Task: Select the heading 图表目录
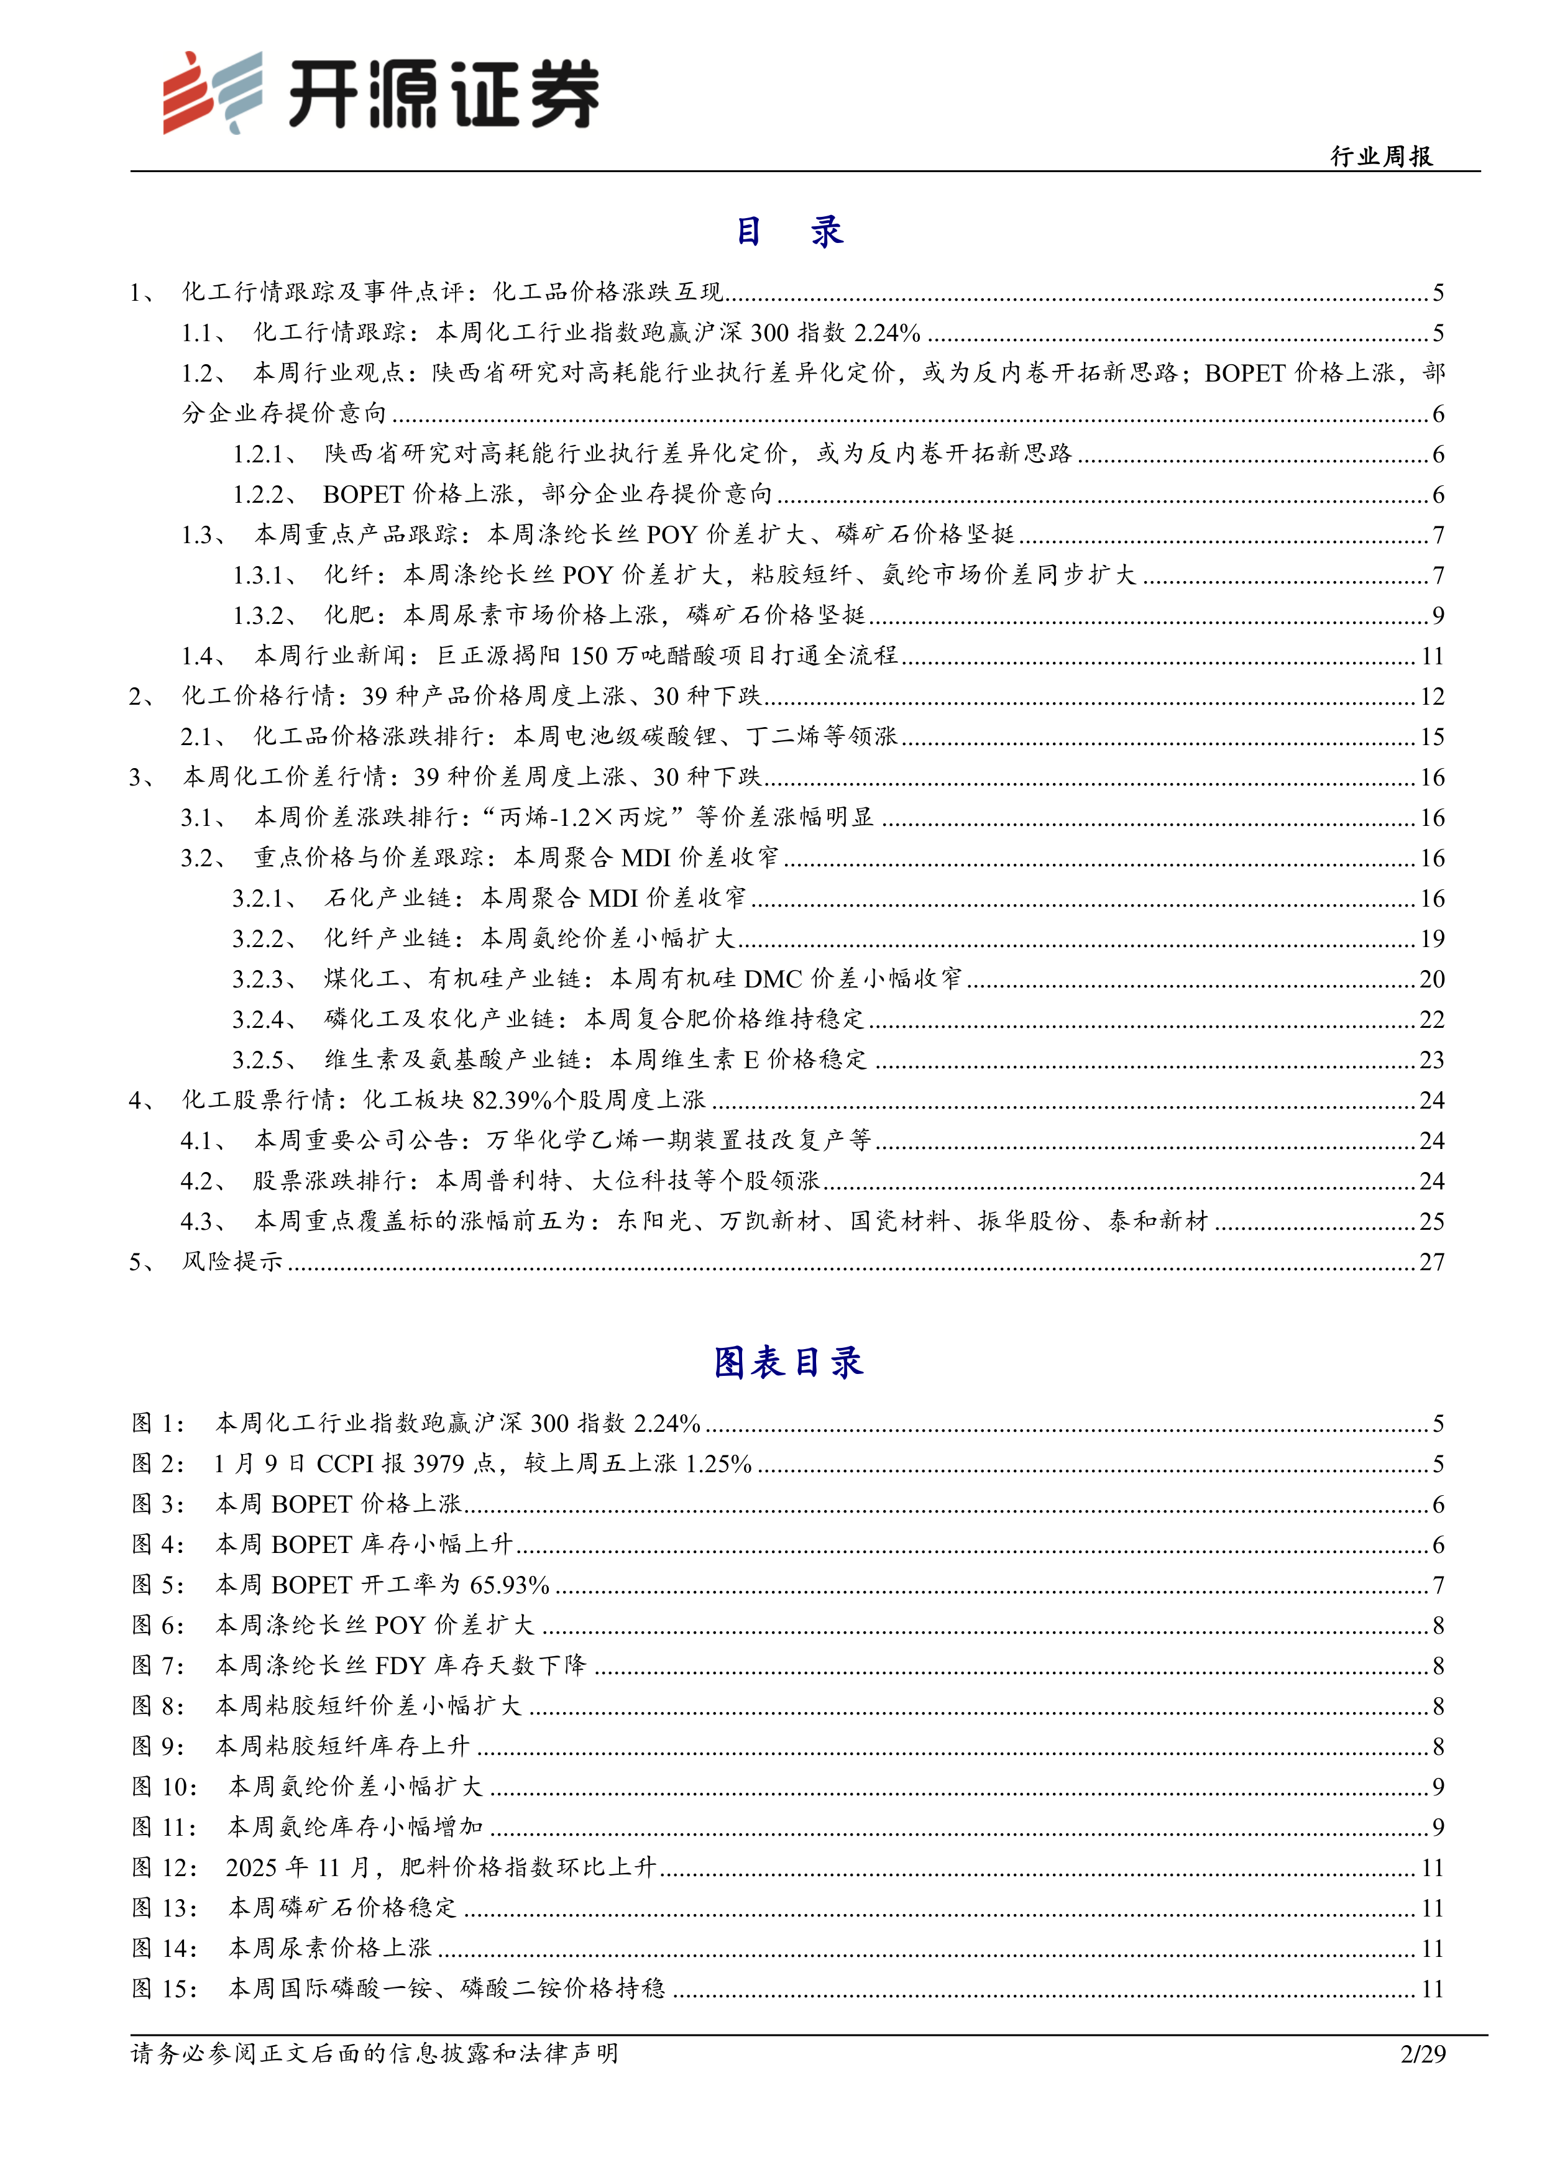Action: (x=788, y=1362)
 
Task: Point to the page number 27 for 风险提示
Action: (x=1432, y=1262)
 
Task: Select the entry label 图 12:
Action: (x=164, y=1867)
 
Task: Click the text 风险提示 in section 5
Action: (x=232, y=1262)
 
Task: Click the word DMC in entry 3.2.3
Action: (x=773, y=979)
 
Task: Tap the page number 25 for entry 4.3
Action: (x=1432, y=1221)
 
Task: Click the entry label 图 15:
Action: (x=164, y=1988)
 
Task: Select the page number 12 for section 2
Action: (x=1432, y=697)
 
